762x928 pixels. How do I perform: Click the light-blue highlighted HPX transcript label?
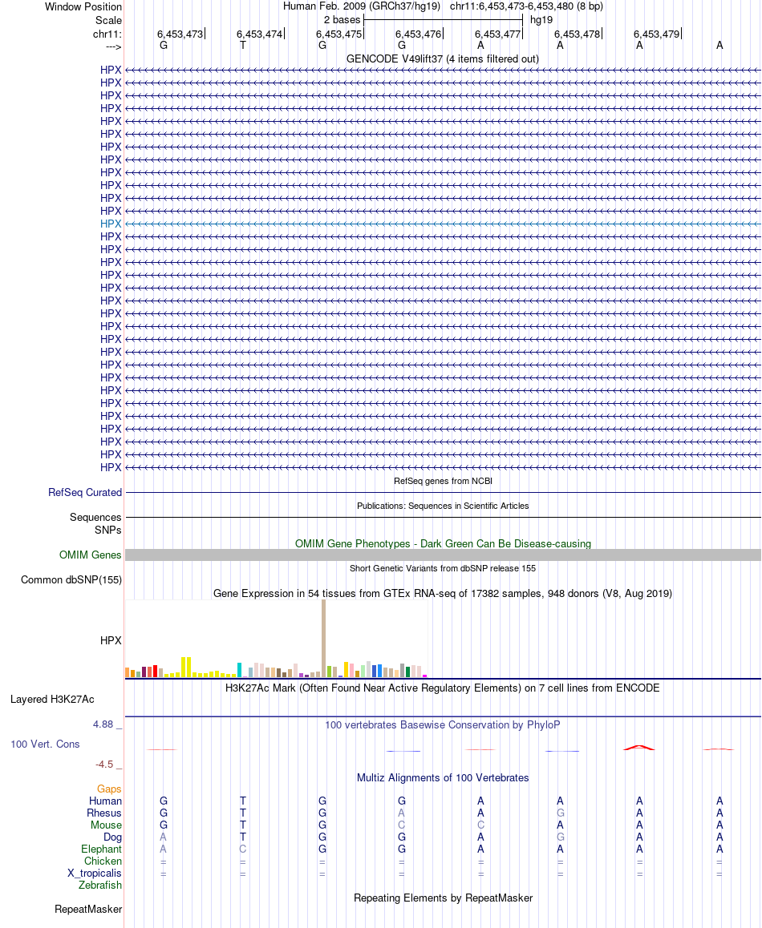tap(111, 224)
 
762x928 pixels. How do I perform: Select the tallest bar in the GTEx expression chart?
tap(324, 638)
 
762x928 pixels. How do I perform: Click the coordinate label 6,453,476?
tap(420, 34)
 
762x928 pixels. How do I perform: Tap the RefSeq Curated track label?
tap(85, 493)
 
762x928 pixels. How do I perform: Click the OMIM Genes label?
tap(91, 555)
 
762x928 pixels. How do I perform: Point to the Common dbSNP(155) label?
tap(71, 580)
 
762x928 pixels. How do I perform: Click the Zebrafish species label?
tap(100, 886)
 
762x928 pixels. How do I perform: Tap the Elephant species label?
tap(101, 849)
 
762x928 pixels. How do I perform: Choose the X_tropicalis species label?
tap(95, 874)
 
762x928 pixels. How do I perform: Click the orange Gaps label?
tap(109, 789)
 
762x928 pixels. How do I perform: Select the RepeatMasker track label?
tap(88, 910)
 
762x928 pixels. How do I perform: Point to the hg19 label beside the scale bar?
tap(541, 19)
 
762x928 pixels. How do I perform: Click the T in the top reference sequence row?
tap(243, 46)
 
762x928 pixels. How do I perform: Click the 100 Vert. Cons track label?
tap(45, 744)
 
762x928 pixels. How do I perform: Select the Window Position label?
tap(83, 6)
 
